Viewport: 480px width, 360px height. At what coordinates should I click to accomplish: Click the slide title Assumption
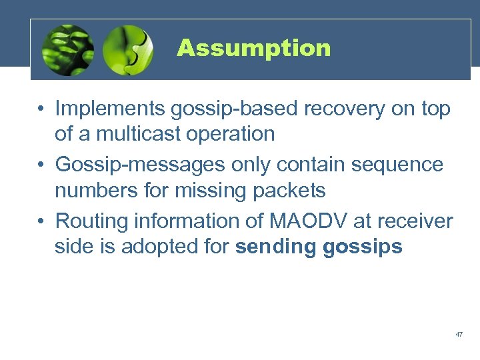pyautogui.click(x=253, y=48)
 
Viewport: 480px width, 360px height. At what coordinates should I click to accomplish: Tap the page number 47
pyautogui.click(x=459, y=333)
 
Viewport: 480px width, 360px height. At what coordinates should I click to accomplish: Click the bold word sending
pyautogui.click(x=276, y=247)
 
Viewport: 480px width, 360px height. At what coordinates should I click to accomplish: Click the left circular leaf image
pyautogui.click(x=67, y=51)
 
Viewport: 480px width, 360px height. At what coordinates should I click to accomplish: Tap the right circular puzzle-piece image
pyautogui.click(x=128, y=51)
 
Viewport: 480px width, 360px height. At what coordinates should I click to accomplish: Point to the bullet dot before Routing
pyautogui.click(x=42, y=221)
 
